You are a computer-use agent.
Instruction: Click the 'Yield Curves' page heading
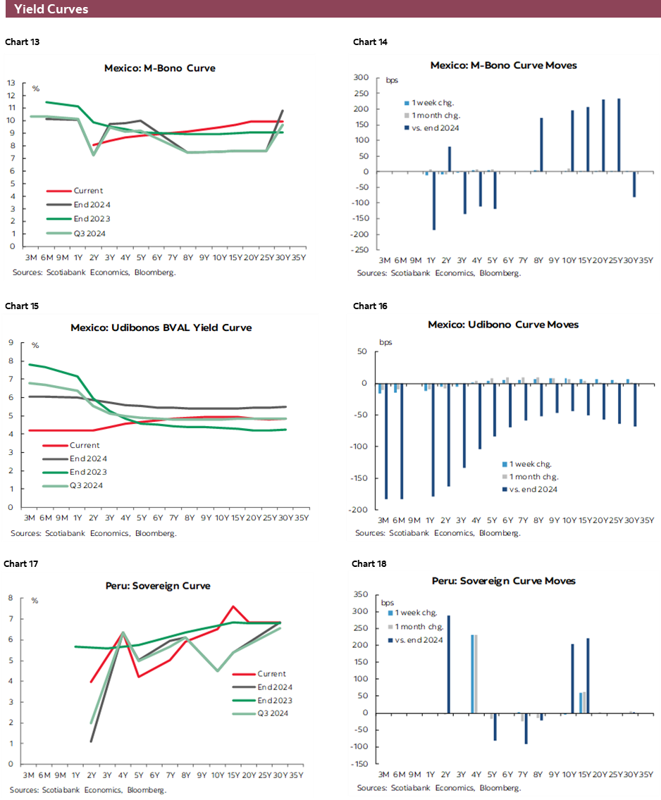click(x=51, y=9)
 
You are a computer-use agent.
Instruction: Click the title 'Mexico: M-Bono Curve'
click(x=159, y=68)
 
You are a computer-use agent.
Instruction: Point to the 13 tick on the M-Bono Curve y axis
click(x=11, y=82)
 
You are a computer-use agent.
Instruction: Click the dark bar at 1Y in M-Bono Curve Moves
click(x=433, y=201)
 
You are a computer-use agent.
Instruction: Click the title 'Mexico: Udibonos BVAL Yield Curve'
click(x=161, y=327)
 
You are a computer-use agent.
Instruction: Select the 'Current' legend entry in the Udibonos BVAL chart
click(x=85, y=445)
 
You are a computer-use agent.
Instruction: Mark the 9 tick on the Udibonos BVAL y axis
click(x=12, y=343)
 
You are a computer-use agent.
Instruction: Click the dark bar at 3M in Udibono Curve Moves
click(x=386, y=441)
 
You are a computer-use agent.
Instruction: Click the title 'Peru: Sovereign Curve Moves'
click(x=504, y=580)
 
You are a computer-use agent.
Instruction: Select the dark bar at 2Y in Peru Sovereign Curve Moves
click(x=448, y=664)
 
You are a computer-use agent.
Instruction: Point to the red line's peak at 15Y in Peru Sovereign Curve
click(x=233, y=606)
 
